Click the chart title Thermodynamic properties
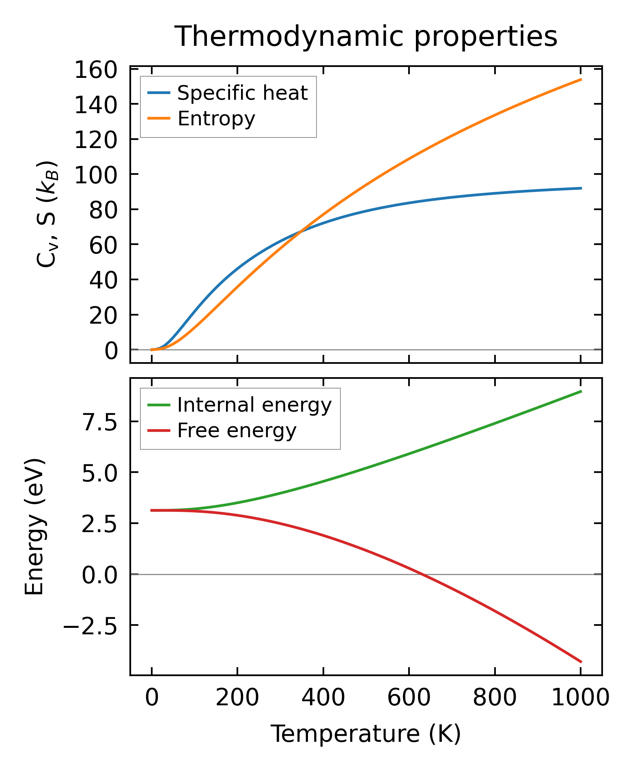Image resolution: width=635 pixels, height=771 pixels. (x=366, y=37)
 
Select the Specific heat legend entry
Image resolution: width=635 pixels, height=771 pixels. (x=242, y=93)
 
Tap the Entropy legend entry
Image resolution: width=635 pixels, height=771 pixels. (x=216, y=118)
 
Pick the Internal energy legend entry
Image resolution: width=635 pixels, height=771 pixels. (x=254, y=405)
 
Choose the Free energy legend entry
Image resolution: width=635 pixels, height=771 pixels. (x=237, y=430)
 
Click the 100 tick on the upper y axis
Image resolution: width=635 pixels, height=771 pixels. (x=96, y=174)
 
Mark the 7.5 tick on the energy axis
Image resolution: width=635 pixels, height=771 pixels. (x=99, y=422)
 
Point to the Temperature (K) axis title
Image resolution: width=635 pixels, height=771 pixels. (x=366, y=734)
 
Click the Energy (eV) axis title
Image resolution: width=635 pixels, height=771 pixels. (x=34, y=527)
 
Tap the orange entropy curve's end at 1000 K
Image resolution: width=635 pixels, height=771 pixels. (x=581, y=79)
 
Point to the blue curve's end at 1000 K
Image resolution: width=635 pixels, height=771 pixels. (x=581, y=188)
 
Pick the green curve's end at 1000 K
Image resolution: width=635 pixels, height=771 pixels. (x=581, y=391)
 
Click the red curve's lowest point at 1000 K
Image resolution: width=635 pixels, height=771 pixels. (x=581, y=662)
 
